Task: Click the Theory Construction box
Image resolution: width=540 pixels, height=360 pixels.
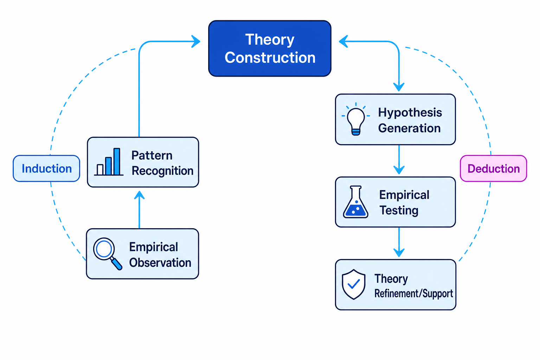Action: coord(270,49)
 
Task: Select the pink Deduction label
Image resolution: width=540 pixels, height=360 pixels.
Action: coord(494,168)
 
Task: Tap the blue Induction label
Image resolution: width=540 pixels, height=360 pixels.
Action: coord(46,168)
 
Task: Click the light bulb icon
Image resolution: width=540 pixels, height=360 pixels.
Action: coord(356,119)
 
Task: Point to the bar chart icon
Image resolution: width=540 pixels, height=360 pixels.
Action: coord(109,162)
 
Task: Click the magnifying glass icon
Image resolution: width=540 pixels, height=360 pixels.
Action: coord(108,254)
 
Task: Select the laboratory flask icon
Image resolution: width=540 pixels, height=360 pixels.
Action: coord(355,202)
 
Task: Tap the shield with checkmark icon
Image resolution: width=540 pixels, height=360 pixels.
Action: coord(354,284)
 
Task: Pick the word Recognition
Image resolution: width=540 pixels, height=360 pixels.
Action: coord(162,171)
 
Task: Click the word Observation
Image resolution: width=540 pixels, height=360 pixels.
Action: coord(160,262)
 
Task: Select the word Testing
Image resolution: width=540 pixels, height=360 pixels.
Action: coord(399,211)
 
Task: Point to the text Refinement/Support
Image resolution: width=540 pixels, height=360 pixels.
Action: coord(413,294)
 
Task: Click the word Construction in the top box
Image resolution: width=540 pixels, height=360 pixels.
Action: coord(270,58)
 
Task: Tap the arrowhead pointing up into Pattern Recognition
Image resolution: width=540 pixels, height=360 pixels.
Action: coord(139,195)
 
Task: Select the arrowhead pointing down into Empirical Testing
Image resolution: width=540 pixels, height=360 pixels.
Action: coord(399,170)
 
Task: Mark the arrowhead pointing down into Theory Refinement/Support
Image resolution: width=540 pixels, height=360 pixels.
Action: coord(399,252)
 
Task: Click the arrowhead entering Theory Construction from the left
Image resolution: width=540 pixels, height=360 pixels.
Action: coord(196,41)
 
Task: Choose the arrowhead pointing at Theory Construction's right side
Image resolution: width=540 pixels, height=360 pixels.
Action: coord(343,41)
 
